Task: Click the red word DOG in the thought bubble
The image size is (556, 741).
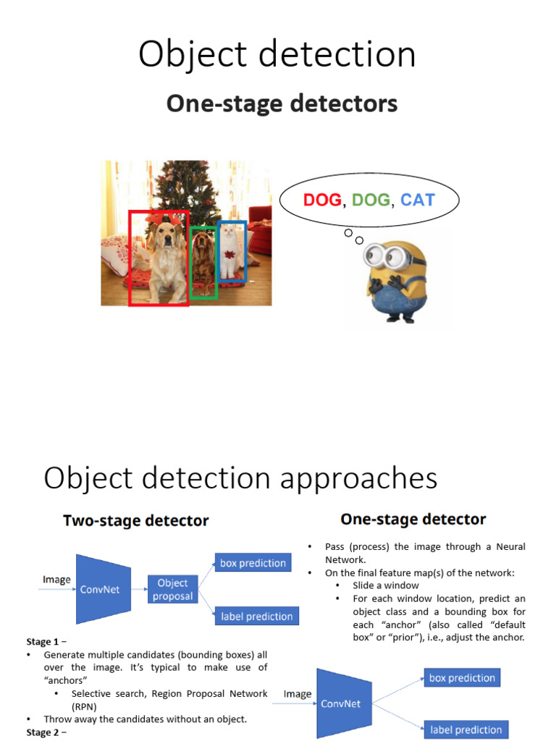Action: click(322, 200)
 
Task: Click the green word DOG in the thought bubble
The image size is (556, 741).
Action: click(371, 200)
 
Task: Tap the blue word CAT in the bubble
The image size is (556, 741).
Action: click(418, 200)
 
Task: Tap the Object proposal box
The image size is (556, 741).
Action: click(173, 590)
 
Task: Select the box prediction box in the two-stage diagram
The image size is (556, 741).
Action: click(253, 563)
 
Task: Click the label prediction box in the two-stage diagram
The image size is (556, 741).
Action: click(256, 617)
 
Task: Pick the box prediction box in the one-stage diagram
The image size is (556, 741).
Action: click(462, 678)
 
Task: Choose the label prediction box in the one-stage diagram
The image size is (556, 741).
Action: click(465, 730)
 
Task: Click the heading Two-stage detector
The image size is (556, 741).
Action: click(136, 520)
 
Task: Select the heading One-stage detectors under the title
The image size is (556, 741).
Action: click(282, 104)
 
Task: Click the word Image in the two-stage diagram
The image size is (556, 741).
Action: click(56, 580)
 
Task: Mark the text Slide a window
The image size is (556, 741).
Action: click(386, 585)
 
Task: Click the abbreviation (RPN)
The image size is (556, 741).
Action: click(85, 706)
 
